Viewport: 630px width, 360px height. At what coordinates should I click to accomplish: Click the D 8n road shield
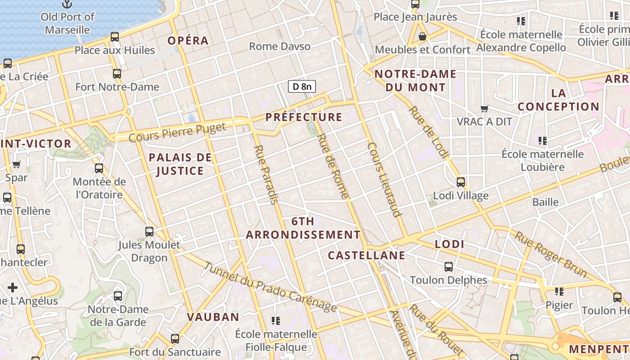(301, 86)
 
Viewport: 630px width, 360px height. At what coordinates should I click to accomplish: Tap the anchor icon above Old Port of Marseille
(67, 4)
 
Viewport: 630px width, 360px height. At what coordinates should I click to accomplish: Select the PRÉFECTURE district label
(304, 117)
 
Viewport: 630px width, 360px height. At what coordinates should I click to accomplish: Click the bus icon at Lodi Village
(461, 182)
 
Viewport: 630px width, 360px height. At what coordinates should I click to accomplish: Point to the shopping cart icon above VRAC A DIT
(485, 108)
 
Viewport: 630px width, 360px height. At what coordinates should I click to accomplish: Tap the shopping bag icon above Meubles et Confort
(422, 36)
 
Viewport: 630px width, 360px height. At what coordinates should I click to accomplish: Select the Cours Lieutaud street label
(384, 180)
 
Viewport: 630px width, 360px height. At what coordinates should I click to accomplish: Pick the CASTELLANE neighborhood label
(366, 256)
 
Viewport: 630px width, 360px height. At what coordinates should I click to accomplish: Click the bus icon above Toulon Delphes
(449, 267)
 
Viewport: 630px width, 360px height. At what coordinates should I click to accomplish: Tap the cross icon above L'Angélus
(13, 287)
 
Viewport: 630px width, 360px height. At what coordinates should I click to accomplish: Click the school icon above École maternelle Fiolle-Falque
(276, 321)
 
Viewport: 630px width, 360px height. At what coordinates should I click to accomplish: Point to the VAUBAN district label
(213, 317)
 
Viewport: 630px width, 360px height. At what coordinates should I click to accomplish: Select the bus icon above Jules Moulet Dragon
(149, 232)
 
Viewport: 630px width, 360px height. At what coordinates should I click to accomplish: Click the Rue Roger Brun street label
(551, 254)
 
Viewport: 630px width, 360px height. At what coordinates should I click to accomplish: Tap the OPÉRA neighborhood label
(188, 40)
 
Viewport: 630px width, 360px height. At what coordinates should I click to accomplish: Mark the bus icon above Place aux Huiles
(115, 37)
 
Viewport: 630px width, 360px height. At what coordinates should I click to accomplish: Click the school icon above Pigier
(559, 292)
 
